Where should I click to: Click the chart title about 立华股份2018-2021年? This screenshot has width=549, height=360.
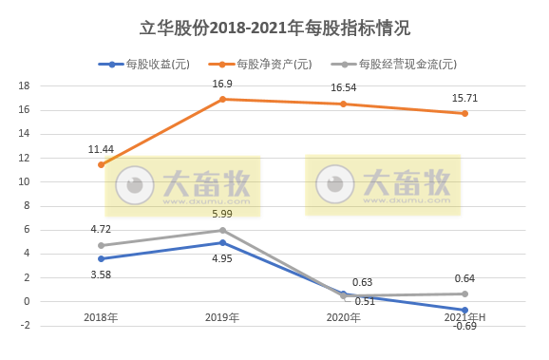pyautogui.click(x=274, y=28)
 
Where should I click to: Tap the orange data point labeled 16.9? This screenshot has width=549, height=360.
pyautogui.click(x=222, y=99)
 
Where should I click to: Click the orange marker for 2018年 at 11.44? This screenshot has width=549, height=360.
pyautogui.click(x=101, y=164)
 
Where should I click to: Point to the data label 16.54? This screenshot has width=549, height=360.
pyautogui.click(x=344, y=87)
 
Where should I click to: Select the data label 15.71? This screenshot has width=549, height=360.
pyautogui.click(x=464, y=97)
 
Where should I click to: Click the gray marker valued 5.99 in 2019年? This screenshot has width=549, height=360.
pyautogui.click(x=222, y=230)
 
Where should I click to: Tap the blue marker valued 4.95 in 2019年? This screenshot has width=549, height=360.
pyautogui.click(x=222, y=242)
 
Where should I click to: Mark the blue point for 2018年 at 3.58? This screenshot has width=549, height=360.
pyautogui.click(x=101, y=258)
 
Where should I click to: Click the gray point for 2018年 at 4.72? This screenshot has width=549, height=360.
pyautogui.click(x=101, y=245)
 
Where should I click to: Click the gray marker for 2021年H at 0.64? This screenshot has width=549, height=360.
pyautogui.click(x=465, y=294)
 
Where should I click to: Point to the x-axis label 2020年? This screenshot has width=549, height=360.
pyautogui.click(x=344, y=317)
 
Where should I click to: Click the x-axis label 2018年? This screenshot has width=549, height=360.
pyautogui.click(x=101, y=317)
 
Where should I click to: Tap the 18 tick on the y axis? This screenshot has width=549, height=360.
pyautogui.click(x=25, y=85)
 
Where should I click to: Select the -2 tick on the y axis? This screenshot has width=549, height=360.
pyautogui.click(x=25, y=326)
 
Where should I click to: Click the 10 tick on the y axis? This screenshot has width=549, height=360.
pyautogui.click(x=25, y=181)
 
